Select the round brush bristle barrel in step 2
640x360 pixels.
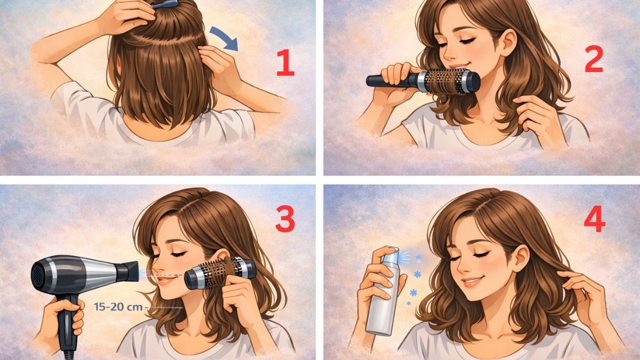(x=445, y=82)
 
